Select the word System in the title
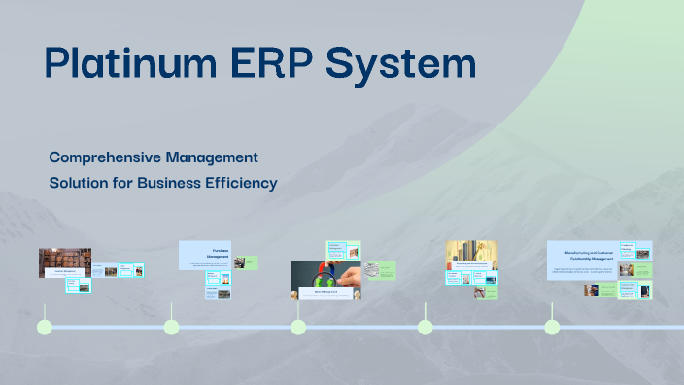(400, 63)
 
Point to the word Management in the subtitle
(210, 157)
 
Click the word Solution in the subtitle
(77, 182)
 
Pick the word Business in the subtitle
(171, 182)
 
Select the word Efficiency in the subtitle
(242, 182)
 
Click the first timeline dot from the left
(45, 327)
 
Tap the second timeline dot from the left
(172, 327)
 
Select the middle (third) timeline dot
(298, 327)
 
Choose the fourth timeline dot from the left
(425, 327)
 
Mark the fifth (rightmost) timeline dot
(552, 327)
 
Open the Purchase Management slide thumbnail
(205, 255)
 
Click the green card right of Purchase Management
(251, 262)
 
